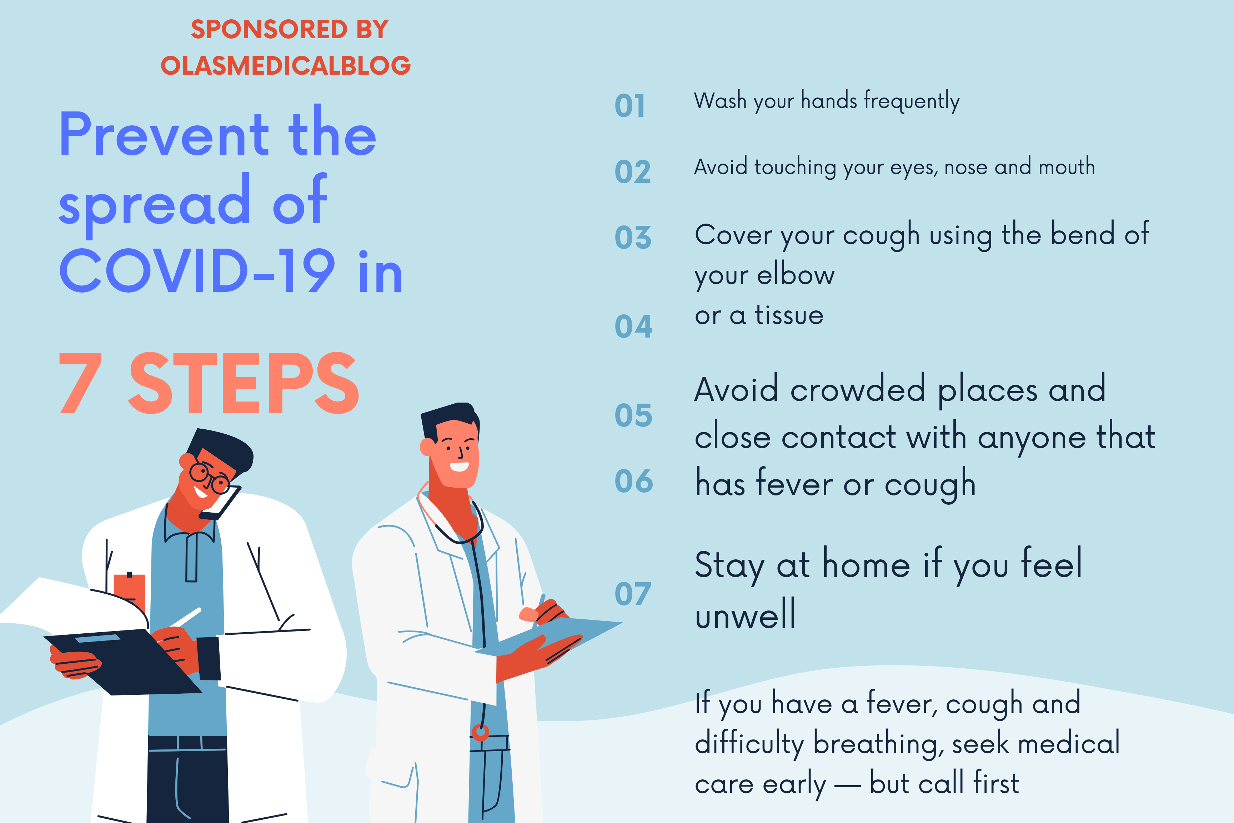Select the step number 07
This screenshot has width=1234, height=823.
pos(633,594)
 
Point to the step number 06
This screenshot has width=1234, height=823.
pos(634,481)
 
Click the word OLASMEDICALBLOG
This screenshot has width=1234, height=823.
pos(285,65)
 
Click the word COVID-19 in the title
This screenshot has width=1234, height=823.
pos(197,271)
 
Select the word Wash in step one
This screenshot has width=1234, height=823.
pos(720,100)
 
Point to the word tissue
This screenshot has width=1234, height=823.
pos(789,315)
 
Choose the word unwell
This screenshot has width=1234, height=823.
pos(745,613)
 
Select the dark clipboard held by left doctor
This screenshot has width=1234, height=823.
pos(123,661)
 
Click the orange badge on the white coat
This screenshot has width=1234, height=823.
pos(129,592)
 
